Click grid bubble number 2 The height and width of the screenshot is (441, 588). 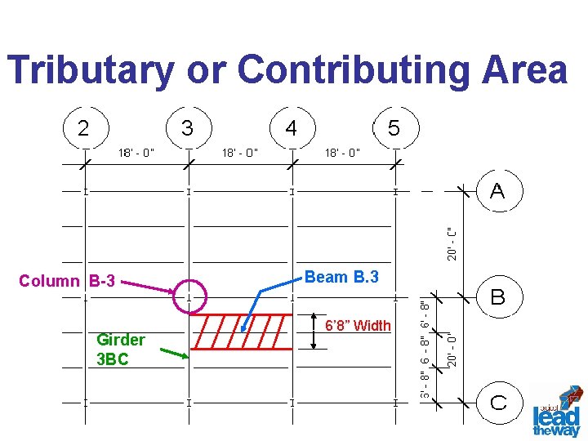(84, 128)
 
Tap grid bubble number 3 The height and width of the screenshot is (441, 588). (188, 128)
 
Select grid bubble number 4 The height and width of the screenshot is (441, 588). (291, 128)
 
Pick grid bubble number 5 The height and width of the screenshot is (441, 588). (394, 128)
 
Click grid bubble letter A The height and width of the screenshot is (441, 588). (497, 191)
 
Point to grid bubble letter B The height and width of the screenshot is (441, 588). (497, 296)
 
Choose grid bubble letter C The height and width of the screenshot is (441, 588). (497, 401)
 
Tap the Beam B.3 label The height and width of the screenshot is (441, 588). (341, 277)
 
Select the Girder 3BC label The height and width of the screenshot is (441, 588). (120, 350)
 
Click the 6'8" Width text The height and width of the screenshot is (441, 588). (358, 326)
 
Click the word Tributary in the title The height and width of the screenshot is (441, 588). (91, 70)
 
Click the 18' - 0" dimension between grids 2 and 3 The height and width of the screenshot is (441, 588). (136, 152)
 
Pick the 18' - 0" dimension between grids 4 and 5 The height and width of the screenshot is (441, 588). (342, 152)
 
